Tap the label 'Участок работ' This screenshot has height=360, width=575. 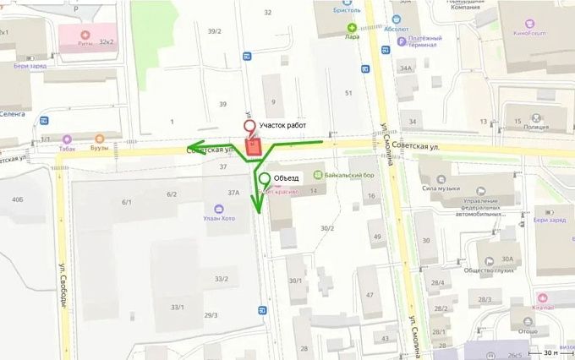285,125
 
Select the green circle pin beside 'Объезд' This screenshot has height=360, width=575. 265,178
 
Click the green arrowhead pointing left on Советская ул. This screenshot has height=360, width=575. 195,145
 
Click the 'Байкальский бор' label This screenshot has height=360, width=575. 344,175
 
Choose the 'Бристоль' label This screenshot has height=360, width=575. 346,10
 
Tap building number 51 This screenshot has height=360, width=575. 348,92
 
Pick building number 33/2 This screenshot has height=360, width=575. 222,279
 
